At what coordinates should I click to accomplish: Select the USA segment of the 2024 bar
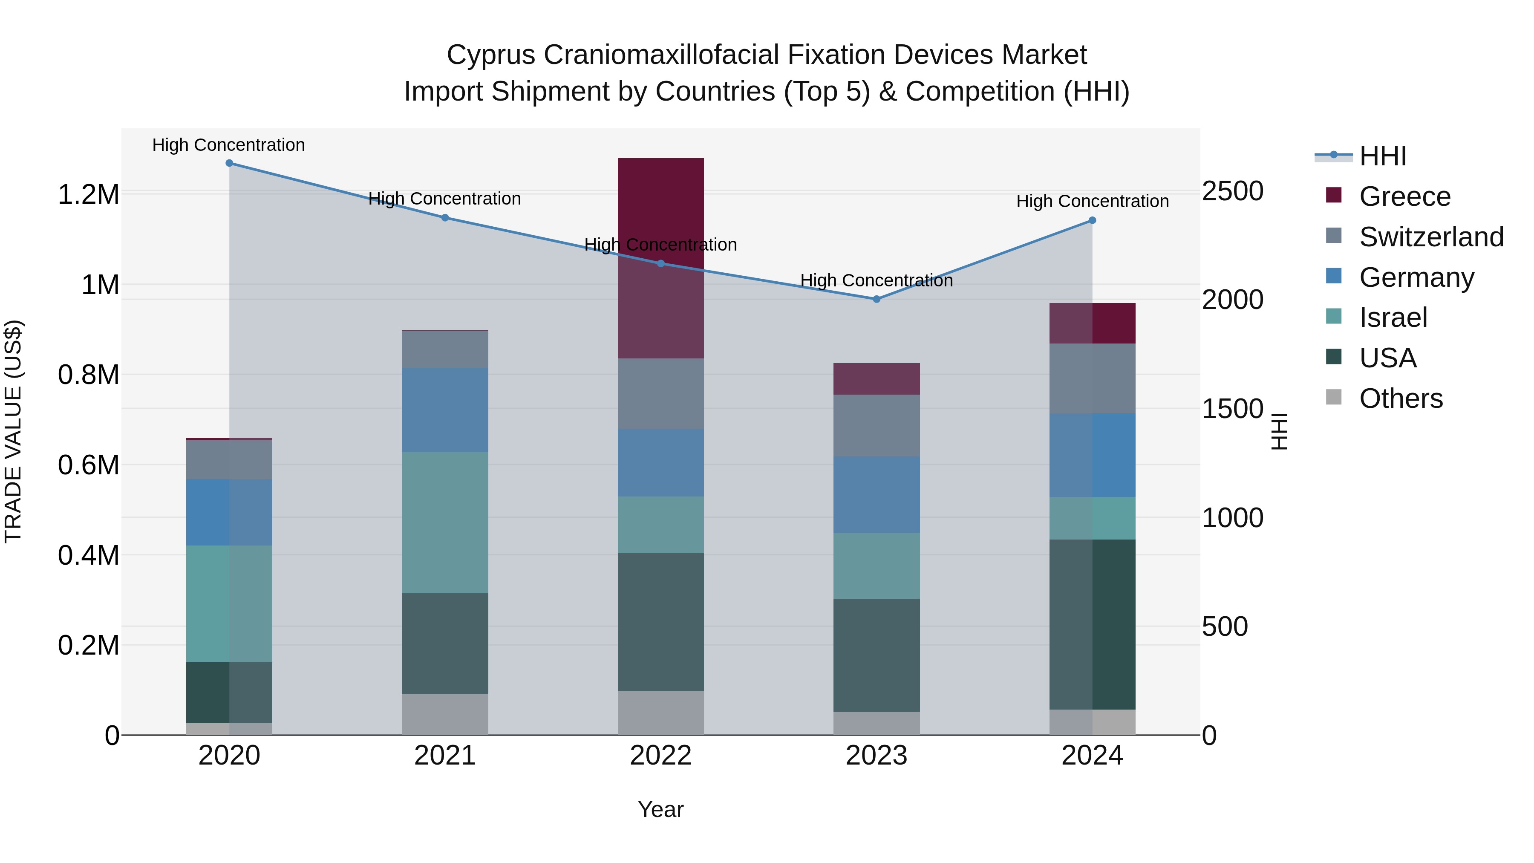click(x=1092, y=624)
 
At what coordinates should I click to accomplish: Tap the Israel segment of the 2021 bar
click(x=445, y=522)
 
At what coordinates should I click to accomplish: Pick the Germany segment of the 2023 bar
click(x=876, y=494)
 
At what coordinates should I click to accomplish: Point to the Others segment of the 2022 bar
click(x=660, y=713)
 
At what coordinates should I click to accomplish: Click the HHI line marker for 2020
click(x=229, y=163)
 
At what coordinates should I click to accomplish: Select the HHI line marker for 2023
click(x=876, y=299)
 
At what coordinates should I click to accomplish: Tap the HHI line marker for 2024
click(x=1092, y=220)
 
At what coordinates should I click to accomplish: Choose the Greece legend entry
click(x=1404, y=196)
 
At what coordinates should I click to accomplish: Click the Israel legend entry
click(x=1393, y=317)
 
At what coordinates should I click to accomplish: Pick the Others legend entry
click(x=1401, y=398)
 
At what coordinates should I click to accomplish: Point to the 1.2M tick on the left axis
click(x=88, y=195)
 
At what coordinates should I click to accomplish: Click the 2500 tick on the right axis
click(x=1232, y=191)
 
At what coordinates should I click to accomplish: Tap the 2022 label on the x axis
click(x=660, y=756)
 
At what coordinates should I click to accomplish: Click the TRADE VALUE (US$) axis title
click(x=13, y=431)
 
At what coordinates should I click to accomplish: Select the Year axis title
click(x=660, y=809)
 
